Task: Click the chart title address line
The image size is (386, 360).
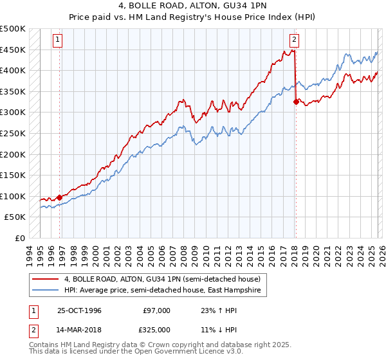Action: point(193,6)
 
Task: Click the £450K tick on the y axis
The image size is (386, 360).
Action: point(13,50)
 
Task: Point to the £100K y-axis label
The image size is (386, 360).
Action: point(13,196)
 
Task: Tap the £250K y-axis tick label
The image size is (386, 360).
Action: point(13,133)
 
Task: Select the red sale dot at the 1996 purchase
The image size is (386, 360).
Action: point(60,197)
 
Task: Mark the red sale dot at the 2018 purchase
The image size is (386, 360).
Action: point(296,102)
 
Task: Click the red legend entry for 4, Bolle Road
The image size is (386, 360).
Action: point(161,280)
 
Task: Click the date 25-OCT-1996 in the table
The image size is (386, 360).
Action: point(78,310)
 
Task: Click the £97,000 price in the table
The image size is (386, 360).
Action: point(157,310)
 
